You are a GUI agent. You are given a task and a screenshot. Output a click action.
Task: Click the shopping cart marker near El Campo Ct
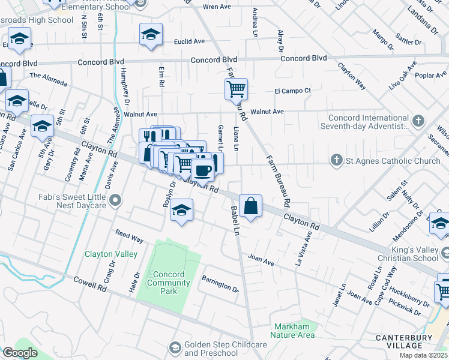pos(237,89)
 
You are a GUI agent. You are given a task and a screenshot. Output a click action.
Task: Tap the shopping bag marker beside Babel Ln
pos(251,206)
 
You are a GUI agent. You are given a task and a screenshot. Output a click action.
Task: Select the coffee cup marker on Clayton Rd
pos(203,170)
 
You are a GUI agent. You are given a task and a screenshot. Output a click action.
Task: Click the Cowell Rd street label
pos(89,284)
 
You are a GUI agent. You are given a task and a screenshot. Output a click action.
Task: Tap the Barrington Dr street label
pos(220,284)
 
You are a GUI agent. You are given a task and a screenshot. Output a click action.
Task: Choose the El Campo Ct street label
pos(292,91)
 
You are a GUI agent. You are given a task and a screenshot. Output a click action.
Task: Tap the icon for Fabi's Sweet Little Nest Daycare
pos(116,200)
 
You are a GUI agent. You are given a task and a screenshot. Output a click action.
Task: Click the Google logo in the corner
pos(19,353)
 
